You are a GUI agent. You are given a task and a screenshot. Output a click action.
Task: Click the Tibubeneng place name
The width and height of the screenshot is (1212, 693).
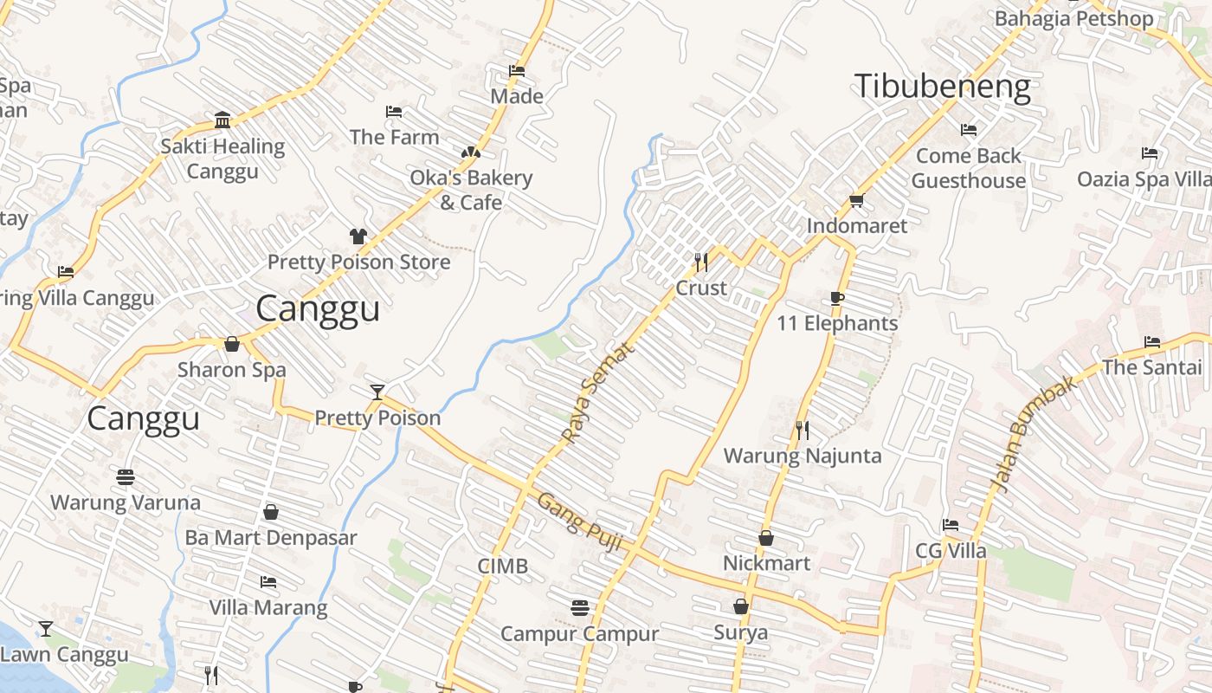[x=942, y=87]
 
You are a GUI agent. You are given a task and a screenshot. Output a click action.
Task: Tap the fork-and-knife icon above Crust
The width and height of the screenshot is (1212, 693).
[x=701, y=261]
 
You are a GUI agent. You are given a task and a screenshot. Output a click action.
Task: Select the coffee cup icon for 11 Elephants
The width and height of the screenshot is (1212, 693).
[x=836, y=298]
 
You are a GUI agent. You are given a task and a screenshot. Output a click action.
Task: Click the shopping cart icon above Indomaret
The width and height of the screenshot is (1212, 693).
[x=856, y=200]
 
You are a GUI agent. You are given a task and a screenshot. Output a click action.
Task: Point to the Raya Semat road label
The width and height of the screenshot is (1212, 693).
[x=597, y=392]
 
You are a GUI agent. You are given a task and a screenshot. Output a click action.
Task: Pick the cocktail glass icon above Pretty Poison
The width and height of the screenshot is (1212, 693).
[x=377, y=392]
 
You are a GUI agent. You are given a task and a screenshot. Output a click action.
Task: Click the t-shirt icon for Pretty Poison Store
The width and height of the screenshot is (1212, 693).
[x=358, y=236]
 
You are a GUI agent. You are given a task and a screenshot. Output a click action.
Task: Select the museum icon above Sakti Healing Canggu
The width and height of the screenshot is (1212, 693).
[x=222, y=120]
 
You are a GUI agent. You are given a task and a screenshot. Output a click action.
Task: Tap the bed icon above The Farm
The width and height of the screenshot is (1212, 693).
[x=393, y=112]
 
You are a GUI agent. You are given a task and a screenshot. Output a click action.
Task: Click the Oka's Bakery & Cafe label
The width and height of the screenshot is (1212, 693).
[x=471, y=190]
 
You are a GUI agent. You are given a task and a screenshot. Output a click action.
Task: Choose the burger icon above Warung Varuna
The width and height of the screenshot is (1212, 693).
[x=126, y=476]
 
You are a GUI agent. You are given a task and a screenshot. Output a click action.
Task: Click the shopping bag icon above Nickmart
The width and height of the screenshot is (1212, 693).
[x=766, y=538]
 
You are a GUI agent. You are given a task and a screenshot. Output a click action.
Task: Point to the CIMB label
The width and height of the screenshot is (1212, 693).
[x=502, y=567]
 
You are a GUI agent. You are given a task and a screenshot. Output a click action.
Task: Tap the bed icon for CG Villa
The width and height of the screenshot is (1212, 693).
[x=950, y=525]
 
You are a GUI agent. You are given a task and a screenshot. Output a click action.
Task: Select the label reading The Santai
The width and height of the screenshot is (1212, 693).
[x=1151, y=367]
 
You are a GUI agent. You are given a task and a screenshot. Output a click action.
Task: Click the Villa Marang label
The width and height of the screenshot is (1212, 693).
[x=268, y=607]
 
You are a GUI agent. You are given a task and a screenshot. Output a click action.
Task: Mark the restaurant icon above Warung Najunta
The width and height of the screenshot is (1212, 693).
[x=803, y=430]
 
